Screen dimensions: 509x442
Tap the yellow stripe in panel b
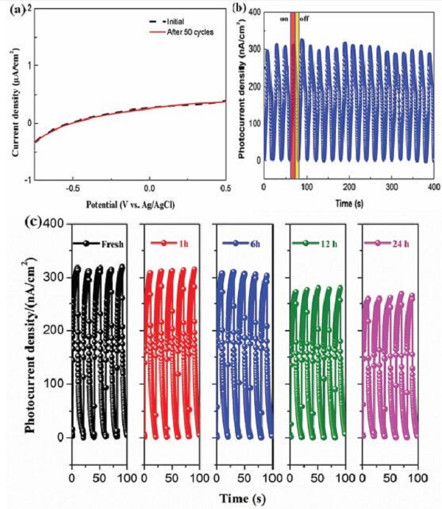point(295,88)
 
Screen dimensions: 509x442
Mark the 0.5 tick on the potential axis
point(222,187)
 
